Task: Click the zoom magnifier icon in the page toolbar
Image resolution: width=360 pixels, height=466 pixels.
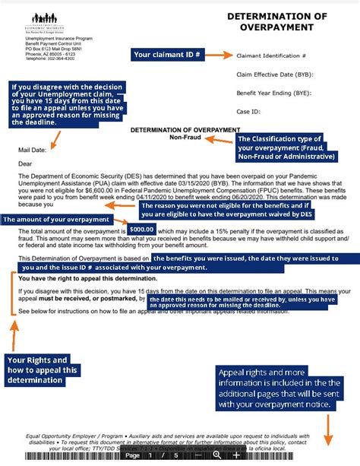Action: [x=217, y=455]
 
